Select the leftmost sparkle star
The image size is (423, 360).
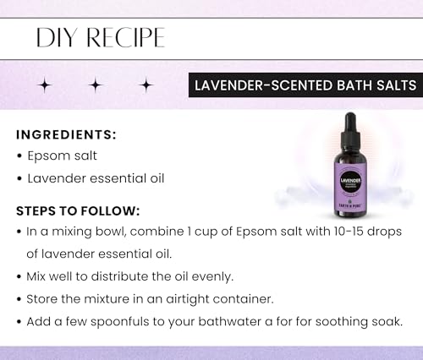(45, 85)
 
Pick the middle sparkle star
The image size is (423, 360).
(95, 85)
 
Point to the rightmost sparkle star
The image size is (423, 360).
(146, 85)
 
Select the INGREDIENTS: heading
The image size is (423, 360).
(67, 135)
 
